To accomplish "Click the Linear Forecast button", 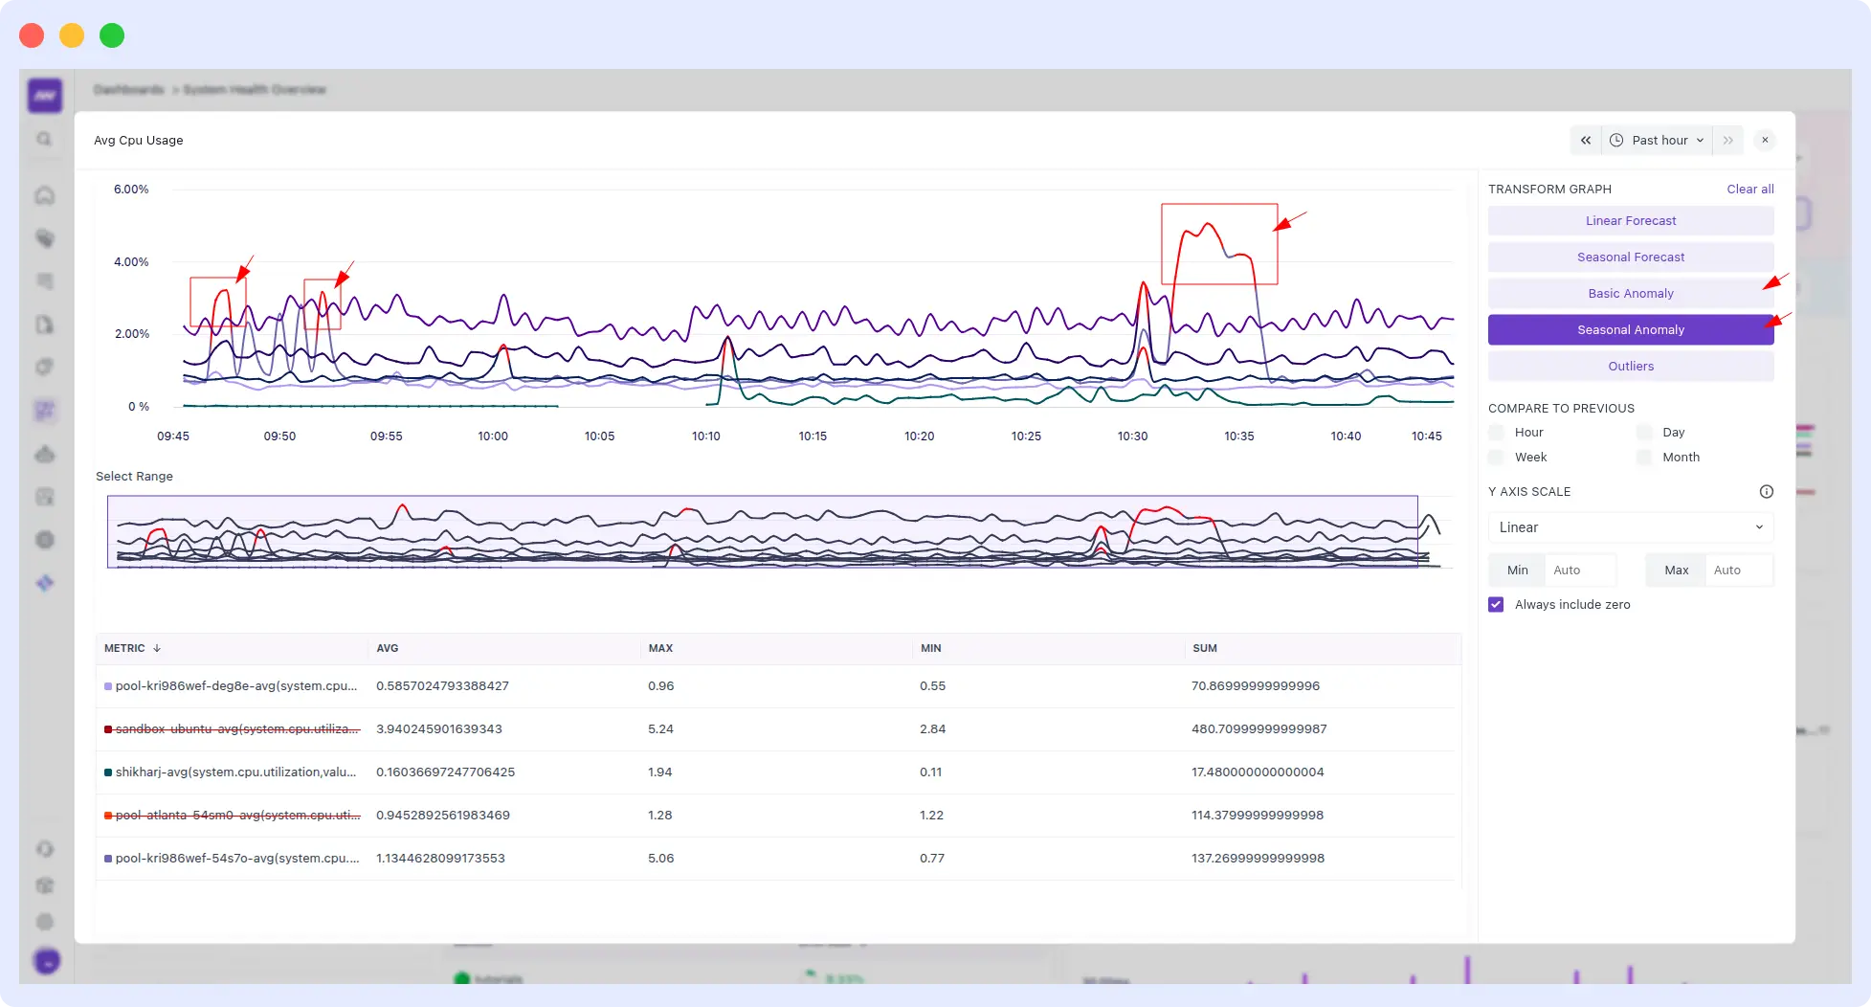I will [x=1630, y=221].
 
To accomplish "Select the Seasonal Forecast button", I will [x=1630, y=257].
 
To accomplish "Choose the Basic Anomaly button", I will [x=1630, y=294].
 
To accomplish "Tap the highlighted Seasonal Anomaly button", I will [x=1630, y=330].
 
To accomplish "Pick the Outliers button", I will [x=1630, y=367].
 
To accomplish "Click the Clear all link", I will [x=1749, y=190].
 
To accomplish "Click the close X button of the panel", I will [x=1765, y=141].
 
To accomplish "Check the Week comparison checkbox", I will [x=1497, y=458].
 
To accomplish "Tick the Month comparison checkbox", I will [x=1644, y=458].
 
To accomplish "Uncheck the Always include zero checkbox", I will [x=1496, y=605].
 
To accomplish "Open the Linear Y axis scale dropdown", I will [x=1630, y=527].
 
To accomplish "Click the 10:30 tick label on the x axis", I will [x=1132, y=436].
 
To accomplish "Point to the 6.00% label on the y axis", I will [x=131, y=190].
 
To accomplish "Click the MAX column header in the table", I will [x=660, y=649].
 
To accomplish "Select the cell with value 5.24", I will [x=660, y=729].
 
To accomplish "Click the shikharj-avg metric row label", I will [x=235, y=772].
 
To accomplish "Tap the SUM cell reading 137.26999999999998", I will [x=1258, y=859].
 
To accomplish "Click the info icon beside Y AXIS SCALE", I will [x=1766, y=492].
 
